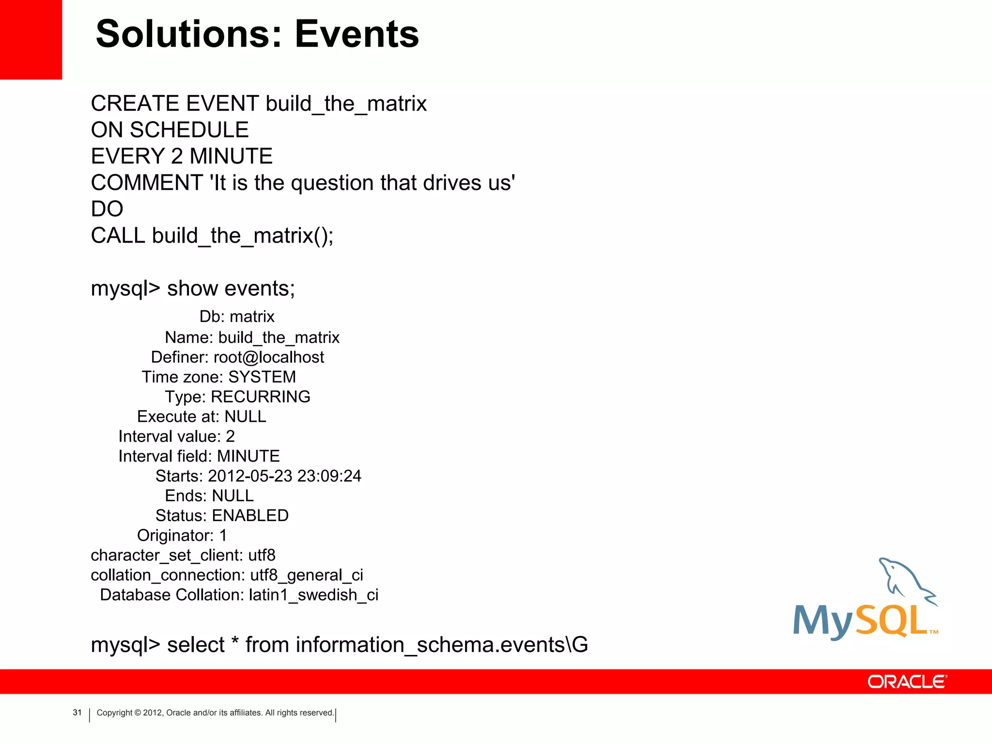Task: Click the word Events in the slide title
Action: (x=356, y=34)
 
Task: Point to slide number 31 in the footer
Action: (x=77, y=713)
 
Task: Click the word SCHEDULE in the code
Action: (x=189, y=130)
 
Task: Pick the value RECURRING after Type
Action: (x=261, y=397)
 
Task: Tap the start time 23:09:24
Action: (x=329, y=476)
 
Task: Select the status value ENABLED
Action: (x=250, y=515)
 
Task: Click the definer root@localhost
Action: (x=269, y=357)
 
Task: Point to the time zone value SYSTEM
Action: (x=262, y=377)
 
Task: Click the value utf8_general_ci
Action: (x=307, y=575)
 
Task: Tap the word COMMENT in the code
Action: (x=147, y=183)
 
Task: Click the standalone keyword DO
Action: (x=107, y=209)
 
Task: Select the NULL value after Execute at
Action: (x=246, y=417)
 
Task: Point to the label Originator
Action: (x=175, y=535)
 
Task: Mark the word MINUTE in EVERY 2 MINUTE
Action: (x=231, y=156)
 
